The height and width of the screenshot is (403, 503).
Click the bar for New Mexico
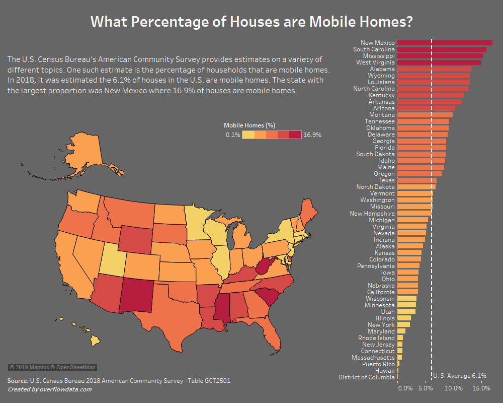[x=445, y=43]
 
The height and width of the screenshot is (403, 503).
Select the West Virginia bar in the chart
[x=439, y=62]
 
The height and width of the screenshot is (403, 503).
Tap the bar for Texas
[x=416, y=180]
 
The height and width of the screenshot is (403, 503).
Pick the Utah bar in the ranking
[x=406, y=311]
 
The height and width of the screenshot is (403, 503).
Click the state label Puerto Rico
[x=378, y=364]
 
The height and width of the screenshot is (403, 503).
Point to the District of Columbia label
[x=367, y=377]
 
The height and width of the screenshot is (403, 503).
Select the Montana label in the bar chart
[x=382, y=115]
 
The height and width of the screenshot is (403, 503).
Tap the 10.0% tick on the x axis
[x=454, y=388]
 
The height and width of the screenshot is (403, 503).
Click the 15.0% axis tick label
[x=481, y=388]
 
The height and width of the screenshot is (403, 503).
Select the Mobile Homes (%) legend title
[x=249, y=125]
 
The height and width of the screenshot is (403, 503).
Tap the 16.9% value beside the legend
[x=312, y=135]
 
